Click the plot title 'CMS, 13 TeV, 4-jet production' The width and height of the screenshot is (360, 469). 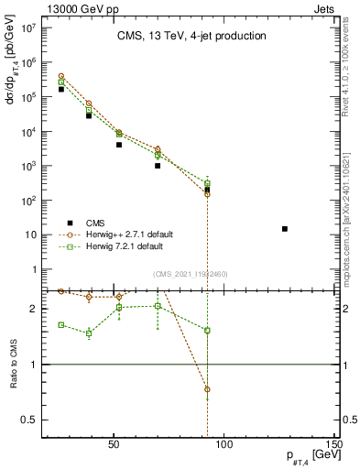tap(191, 37)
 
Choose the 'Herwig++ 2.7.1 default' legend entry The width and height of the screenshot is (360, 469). tap(123, 234)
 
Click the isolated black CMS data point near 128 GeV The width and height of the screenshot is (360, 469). tap(285, 229)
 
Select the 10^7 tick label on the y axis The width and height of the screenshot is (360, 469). tap(27, 27)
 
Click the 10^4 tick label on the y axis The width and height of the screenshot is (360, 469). tap(27, 131)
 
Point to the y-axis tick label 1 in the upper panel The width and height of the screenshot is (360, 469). tap(34, 269)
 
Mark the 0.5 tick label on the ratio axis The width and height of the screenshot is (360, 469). tap(29, 420)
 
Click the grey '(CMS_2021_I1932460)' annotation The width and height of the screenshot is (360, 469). tap(191, 273)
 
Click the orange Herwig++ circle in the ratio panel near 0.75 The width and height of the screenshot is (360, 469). tap(208, 389)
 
